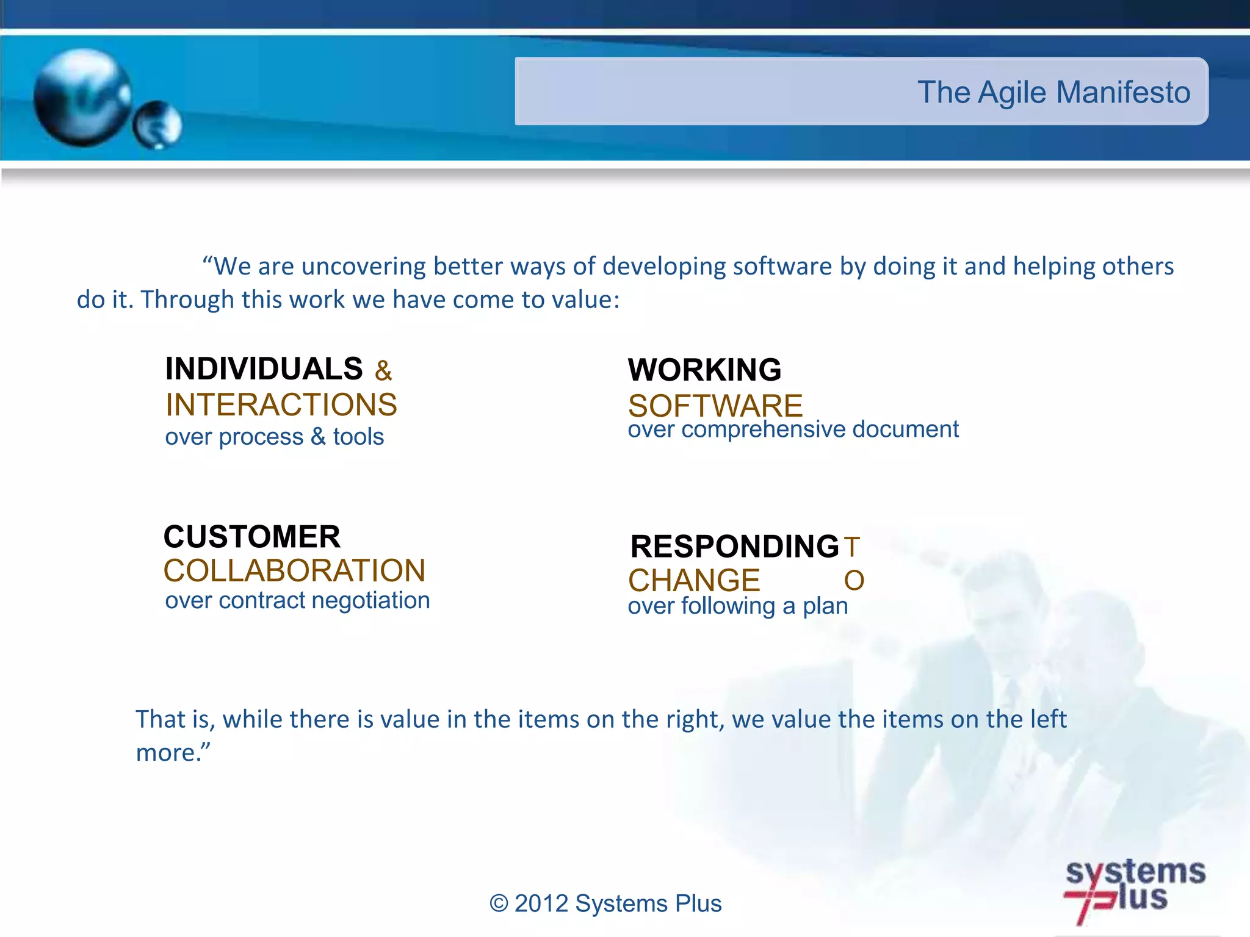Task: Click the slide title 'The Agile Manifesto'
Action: [1053, 93]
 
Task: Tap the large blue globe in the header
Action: [82, 98]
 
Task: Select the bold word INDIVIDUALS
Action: [264, 369]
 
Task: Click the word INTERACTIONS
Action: [281, 405]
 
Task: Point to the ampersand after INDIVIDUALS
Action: [383, 371]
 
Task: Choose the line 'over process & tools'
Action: [274, 437]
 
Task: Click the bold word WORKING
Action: [704, 370]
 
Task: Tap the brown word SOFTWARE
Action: [715, 406]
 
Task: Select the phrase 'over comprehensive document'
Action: [793, 429]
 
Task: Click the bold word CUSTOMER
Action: [251, 537]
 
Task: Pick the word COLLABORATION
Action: [294, 571]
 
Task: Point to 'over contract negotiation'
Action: [297, 601]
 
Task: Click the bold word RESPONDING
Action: [735, 547]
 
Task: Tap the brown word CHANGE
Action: [694, 580]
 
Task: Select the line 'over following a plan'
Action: [738, 606]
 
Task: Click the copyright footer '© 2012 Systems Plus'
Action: [605, 903]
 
